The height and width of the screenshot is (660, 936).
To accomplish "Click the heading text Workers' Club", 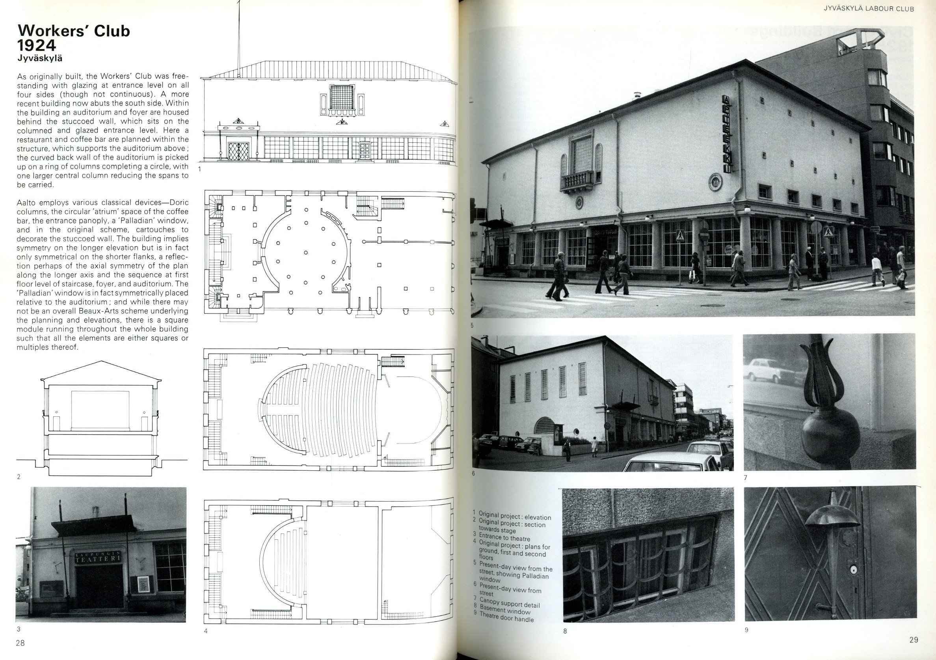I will click(x=74, y=31).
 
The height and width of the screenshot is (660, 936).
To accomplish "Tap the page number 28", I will click(x=20, y=643).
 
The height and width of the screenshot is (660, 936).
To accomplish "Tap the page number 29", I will click(x=914, y=640).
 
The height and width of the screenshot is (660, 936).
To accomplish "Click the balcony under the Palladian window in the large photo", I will click(x=577, y=181).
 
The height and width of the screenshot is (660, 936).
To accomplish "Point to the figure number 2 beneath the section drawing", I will click(x=19, y=476).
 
